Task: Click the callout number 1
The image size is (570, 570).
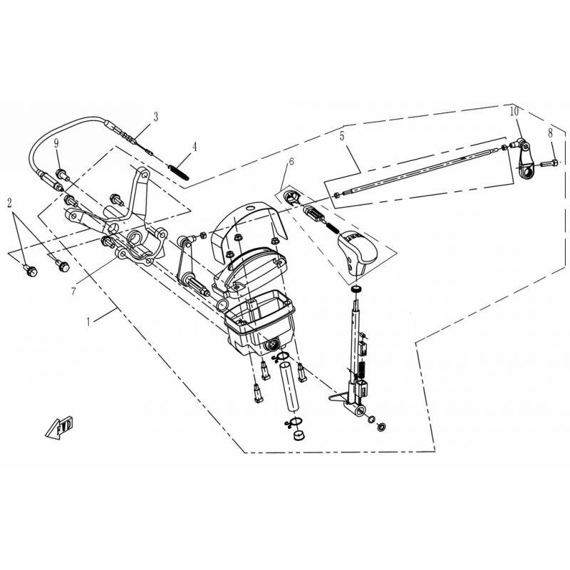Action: pos(88,321)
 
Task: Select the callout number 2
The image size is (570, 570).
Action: pos(10,203)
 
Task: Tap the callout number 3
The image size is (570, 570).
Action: pos(155,117)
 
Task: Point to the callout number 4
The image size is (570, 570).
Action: pos(195,147)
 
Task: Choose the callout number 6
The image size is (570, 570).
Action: pos(291,162)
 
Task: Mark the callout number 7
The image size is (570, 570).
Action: pos(74,291)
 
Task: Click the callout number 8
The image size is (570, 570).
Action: pos(550,133)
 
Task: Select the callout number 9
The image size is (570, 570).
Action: pos(56,143)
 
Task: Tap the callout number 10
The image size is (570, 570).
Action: pos(514,112)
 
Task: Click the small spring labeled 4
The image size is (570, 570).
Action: pos(179,172)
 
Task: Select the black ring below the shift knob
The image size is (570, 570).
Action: pos(358,290)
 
